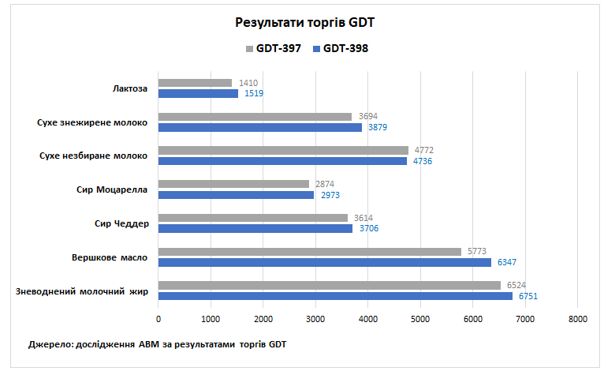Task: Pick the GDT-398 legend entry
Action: coord(341,48)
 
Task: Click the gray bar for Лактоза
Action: coord(195,83)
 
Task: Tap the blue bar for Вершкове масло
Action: coord(324,262)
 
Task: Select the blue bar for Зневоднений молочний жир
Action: coord(335,296)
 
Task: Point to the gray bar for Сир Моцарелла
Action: coord(233,184)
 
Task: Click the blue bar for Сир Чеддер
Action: coord(255,229)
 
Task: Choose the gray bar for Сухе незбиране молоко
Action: coord(283,150)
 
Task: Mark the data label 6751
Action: coord(528,296)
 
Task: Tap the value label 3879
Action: coord(378,128)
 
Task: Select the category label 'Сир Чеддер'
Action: coord(121,223)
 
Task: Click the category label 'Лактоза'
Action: coord(130,88)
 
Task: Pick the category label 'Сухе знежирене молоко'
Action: coord(92,122)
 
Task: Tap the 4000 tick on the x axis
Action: coord(367,319)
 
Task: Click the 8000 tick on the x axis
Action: coord(577,319)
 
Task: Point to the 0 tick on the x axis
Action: coord(158,319)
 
